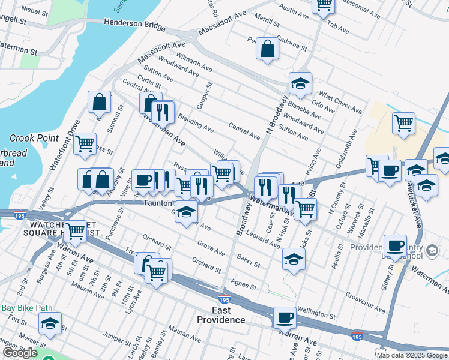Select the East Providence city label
(x=221, y=314)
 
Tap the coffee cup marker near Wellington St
(x=285, y=317)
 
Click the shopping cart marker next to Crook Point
(x=85, y=144)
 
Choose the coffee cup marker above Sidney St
(x=395, y=245)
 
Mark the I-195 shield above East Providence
(x=224, y=299)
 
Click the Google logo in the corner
(x=20, y=353)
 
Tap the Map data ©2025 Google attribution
(x=412, y=355)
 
